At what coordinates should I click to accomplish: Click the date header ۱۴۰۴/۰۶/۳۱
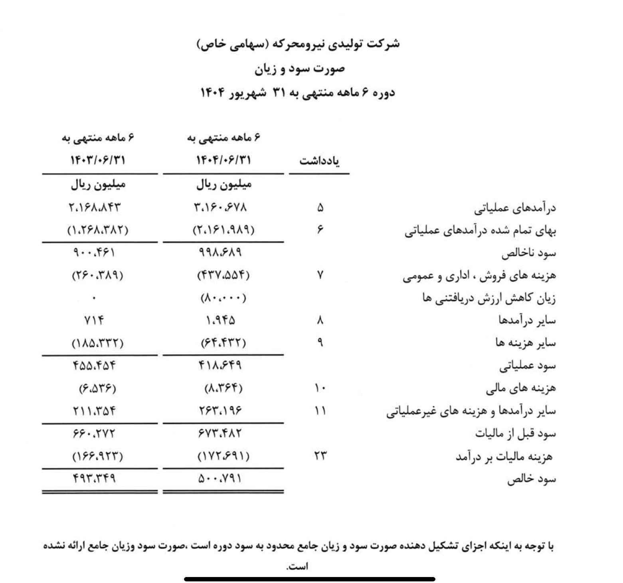point(223,161)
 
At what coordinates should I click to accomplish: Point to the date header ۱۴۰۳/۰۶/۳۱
point(98,161)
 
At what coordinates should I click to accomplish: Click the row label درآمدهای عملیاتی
point(515,208)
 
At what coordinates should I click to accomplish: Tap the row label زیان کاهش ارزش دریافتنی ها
point(489,298)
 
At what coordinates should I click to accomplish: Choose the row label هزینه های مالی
point(521,389)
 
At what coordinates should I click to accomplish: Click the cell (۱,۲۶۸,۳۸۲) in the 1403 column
point(98,230)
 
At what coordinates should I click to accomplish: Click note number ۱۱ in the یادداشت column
point(320,411)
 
